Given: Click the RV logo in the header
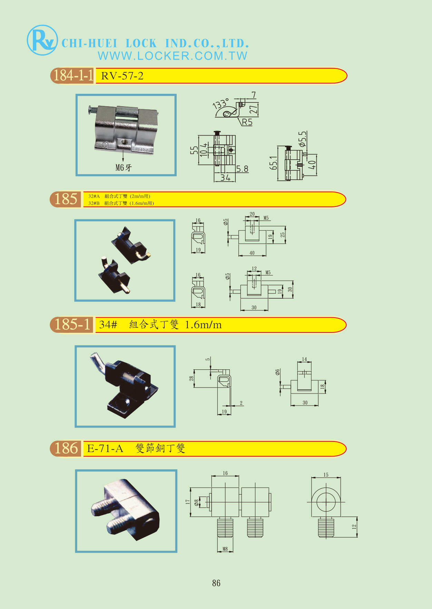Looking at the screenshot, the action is click(42, 40).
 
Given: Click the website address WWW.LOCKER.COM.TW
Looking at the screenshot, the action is click(173, 56).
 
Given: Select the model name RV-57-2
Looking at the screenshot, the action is click(122, 76).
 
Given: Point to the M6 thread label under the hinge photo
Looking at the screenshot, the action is click(124, 168).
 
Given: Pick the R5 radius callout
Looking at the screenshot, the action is click(247, 122).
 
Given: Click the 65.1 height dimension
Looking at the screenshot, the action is click(273, 163).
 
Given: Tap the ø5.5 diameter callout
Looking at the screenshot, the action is click(302, 139).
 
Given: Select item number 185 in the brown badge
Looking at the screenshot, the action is click(66, 199).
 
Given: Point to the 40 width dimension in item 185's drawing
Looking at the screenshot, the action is click(252, 253).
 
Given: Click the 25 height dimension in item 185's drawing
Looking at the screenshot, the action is click(283, 234).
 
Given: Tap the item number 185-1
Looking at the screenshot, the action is click(72, 324).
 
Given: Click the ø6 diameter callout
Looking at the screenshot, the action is click(277, 372).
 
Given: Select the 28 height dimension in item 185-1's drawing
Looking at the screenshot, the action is click(191, 378).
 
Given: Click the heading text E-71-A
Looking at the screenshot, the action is click(105, 449).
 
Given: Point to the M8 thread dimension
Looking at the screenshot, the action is click(225, 549).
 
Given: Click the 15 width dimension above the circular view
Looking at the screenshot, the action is click(326, 475).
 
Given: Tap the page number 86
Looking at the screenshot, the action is click(216, 583).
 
